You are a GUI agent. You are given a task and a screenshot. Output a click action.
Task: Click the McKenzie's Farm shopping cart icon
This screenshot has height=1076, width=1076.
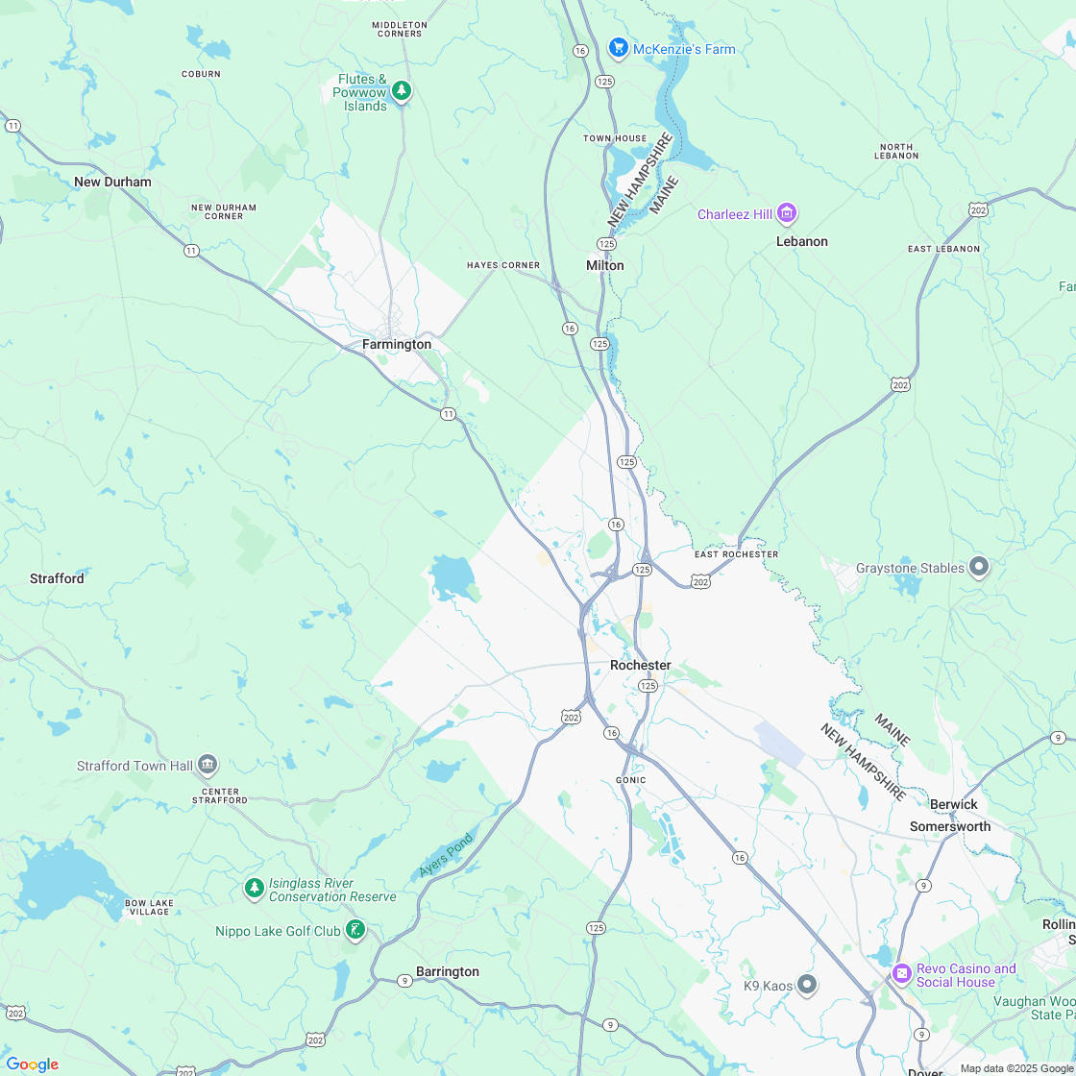coord(618,48)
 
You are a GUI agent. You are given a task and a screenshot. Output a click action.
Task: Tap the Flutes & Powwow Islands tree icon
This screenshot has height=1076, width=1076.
coord(402,91)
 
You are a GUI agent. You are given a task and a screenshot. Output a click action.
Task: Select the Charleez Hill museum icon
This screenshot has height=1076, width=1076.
coord(787,213)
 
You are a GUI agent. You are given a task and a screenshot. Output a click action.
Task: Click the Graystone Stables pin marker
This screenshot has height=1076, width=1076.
coord(979,568)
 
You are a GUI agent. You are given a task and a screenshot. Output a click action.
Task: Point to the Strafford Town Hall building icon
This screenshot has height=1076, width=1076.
coord(208,766)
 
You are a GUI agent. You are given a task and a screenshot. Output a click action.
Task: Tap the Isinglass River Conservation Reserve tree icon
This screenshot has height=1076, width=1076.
coord(254,889)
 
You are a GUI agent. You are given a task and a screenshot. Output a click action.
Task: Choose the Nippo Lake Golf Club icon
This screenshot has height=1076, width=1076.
coord(355,930)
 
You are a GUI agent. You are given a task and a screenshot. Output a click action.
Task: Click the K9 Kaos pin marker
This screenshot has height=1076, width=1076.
coord(807,985)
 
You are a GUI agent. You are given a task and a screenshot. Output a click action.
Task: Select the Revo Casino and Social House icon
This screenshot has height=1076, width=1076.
coord(902,974)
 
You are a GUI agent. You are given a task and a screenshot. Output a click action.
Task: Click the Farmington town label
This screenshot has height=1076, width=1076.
coord(397,344)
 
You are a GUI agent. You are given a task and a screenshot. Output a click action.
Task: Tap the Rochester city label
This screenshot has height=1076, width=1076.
coord(640,665)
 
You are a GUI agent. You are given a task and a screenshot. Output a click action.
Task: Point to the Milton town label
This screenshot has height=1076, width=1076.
coord(604,265)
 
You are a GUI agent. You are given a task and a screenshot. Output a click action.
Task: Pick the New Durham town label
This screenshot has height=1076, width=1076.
coord(112,182)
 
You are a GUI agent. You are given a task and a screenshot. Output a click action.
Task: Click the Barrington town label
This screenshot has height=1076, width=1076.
coord(447,971)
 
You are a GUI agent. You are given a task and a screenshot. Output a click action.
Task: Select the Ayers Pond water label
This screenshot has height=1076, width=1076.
coord(447,855)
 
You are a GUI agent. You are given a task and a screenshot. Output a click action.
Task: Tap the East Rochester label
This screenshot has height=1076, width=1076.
coord(736,554)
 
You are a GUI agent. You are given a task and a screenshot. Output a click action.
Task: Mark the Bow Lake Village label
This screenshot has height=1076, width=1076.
coord(147,907)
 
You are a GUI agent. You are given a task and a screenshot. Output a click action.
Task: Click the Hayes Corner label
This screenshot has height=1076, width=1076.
coord(503,265)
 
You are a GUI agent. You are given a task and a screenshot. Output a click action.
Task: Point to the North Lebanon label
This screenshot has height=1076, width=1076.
coord(898,151)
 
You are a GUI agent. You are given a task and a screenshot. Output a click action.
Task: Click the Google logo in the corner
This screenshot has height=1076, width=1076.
coord(32,1064)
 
